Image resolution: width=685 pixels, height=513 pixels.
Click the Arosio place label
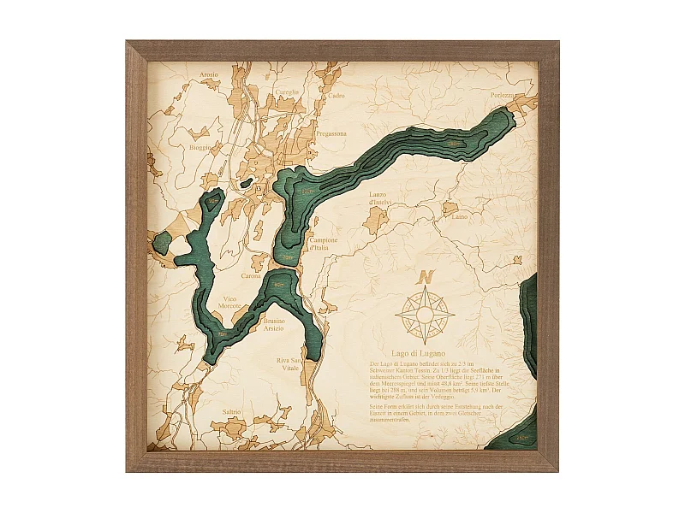coord(209,74)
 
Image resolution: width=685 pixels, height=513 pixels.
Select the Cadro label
coord(337,96)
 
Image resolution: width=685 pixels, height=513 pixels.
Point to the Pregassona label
coord(331,133)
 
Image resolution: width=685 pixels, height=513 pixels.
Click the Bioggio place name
coord(201,147)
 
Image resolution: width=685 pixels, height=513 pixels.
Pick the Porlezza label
coord(503,95)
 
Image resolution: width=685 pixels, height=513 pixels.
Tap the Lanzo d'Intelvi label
coord(379,198)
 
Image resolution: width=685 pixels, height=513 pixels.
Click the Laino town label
coord(460,216)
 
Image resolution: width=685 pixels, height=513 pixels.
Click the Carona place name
coord(251,276)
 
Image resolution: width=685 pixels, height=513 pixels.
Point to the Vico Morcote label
coord(229,302)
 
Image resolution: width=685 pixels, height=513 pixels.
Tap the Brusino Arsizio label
coord(274,326)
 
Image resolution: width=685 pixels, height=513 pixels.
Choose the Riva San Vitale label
coord(289,365)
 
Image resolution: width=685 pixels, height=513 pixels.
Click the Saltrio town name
coord(232,412)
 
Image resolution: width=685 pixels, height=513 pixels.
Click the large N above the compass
coord(426,277)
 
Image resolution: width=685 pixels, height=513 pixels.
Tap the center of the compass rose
coord(425,314)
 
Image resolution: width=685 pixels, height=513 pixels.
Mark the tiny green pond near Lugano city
coord(246,182)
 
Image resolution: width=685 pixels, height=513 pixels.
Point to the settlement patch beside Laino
coord(450,207)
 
